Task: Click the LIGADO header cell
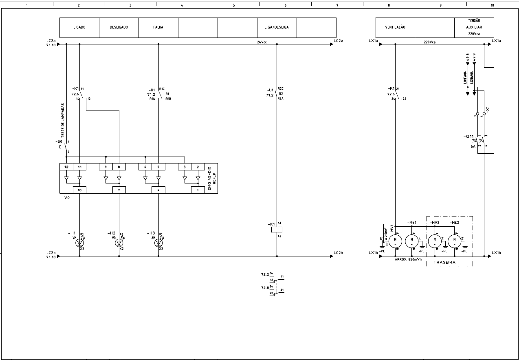pyautogui.click(x=79, y=27)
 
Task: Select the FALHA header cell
pyautogui.click(x=158, y=27)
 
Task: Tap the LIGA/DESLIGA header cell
pyautogui.click(x=277, y=27)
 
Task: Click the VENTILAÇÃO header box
pyautogui.click(x=395, y=27)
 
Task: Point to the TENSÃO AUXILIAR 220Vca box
pyautogui.click(x=474, y=27)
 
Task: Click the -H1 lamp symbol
pyautogui.click(x=79, y=243)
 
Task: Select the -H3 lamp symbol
pyautogui.click(x=158, y=243)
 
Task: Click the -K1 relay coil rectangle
pyautogui.click(x=277, y=230)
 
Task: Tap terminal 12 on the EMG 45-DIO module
pyautogui.click(x=66, y=167)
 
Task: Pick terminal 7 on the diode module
pyautogui.click(x=119, y=190)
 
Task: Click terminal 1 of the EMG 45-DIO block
pyautogui.click(x=198, y=190)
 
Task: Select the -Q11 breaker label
pyautogui.click(x=468, y=136)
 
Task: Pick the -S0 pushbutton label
pyautogui.click(x=59, y=142)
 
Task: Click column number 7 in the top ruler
pyautogui.click(x=337, y=5)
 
